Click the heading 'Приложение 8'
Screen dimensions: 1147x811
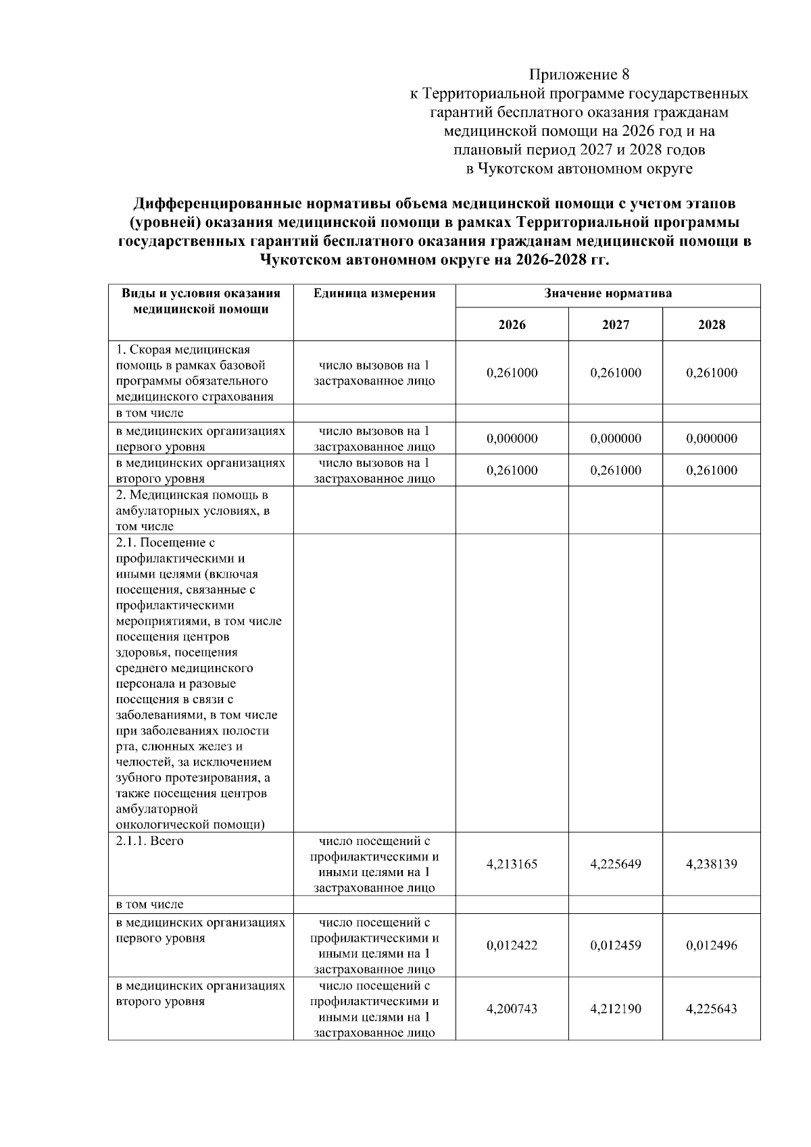tap(579, 74)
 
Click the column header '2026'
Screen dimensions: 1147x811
tap(512, 325)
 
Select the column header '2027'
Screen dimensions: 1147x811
tap(615, 325)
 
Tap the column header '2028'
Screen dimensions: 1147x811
tap(711, 325)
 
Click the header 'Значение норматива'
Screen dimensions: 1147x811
tap(608, 294)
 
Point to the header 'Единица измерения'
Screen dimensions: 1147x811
tap(374, 294)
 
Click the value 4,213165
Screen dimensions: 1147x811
tap(512, 864)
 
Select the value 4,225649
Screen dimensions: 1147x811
tap(615, 864)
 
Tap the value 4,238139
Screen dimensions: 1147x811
tap(711, 864)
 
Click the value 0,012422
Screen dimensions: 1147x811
tap(512, 945)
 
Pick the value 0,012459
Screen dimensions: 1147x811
tap(615, 945)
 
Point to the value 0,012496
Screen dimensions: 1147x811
tap(711, 945)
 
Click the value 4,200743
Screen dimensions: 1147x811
tap(512, 1009)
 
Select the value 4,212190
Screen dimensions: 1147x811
tap(615, 1009)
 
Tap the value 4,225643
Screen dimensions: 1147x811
tap(711, 1009)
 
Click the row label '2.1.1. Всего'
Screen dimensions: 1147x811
tap(150, 841)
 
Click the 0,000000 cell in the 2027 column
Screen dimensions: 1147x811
tap(615, 438)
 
